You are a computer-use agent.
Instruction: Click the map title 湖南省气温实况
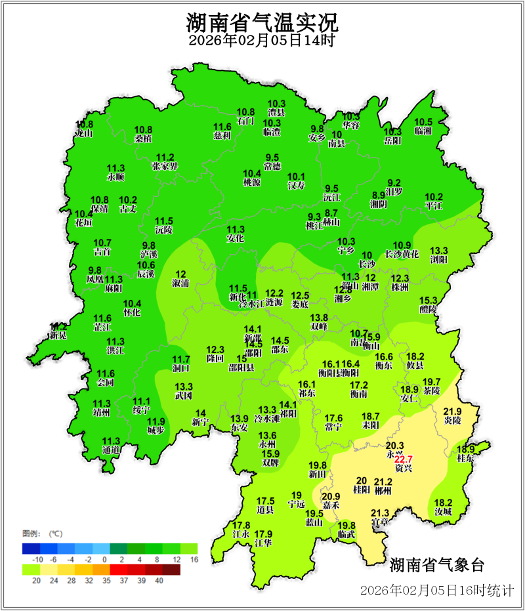coord(262,24)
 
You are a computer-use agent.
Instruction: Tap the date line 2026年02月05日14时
coord(262,41)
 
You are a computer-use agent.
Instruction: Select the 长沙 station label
coord(367,264)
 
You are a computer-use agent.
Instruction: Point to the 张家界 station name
coord(165,166)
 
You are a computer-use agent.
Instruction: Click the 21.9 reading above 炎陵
coord(453,411)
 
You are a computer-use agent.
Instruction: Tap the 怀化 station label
coord(132,313)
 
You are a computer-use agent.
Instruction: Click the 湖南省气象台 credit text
coord(436,564)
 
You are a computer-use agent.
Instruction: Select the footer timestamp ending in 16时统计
coord(436,590)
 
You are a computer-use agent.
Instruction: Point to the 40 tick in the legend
coord(159,580)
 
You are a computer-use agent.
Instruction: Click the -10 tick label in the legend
coord(38,558)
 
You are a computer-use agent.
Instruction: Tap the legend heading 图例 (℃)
coord(42,533)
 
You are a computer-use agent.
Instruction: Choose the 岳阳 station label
coord(392,140)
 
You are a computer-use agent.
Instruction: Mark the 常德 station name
coord(272,166)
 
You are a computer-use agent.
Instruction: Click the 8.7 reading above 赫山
coord(331,213)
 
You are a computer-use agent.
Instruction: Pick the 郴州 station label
coord(383,490)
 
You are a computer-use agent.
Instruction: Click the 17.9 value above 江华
coord(263,534)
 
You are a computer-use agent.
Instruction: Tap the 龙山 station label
coord(83,133)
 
